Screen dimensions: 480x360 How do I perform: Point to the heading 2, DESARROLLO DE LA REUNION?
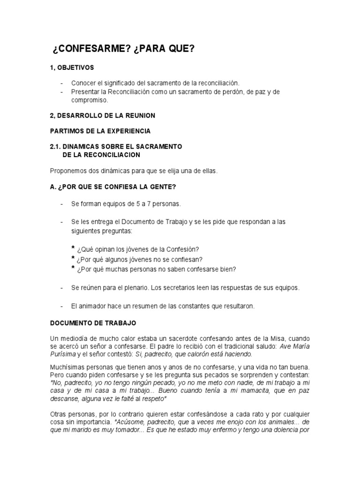tap(102, 115)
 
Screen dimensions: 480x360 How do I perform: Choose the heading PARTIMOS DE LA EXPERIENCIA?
tap(100, 131)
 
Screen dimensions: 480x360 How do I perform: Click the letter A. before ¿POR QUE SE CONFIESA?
tap(52, 187)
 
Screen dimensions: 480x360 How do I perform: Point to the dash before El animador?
tap(62, 306)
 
